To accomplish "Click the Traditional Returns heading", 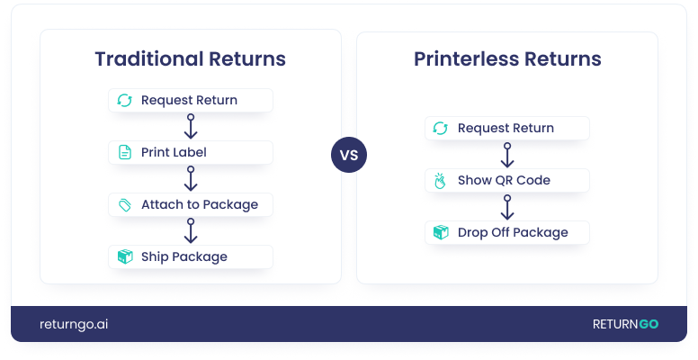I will coord(190,59).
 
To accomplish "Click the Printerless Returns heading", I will coord(507,59).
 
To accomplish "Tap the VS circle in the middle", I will coord(349,155).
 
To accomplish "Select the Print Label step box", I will coord(190,152).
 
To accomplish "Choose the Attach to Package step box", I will coord(190,204).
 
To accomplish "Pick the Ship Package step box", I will coord(190,256).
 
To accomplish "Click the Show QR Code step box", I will coord(506,180).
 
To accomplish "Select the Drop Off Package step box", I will coord(506,232).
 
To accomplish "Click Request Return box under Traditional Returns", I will coord(190,100).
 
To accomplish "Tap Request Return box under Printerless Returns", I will coord(506,128).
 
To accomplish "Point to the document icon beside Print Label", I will coord(125,152).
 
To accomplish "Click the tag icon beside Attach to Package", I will coord(125,204).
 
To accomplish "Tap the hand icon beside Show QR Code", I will coord(441,180).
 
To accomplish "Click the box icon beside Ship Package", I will coord(125,256).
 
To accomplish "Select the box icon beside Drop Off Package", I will coord(441,232).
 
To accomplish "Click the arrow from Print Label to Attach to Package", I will coord(190,178).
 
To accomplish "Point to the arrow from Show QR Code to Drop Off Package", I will coord(506,206).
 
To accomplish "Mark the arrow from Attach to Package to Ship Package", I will coord(190,230).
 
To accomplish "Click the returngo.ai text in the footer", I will coord(74,324).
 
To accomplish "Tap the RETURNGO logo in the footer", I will coord(625,324).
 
